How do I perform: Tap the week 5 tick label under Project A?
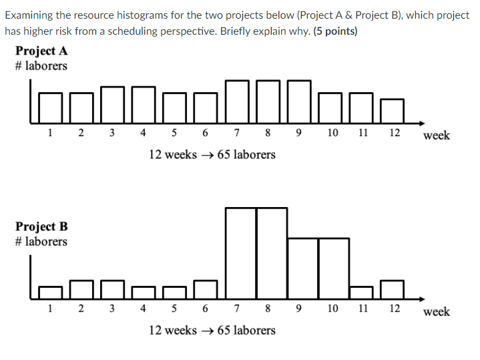[174, 132]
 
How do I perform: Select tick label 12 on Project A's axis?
[394, 132]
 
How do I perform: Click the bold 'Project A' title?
[41, 51]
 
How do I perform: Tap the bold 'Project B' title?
[41, 227]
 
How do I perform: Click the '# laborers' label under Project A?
[41, 65]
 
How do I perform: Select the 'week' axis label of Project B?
[437, 312]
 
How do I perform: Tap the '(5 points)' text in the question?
[335, 31]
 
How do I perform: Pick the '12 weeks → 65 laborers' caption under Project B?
[212, 331]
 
